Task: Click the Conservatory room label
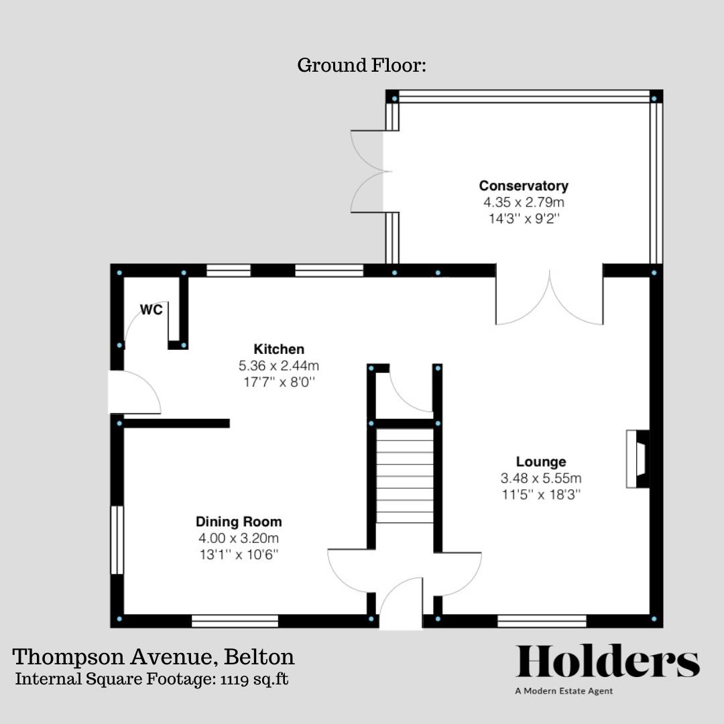click(x=523, y=186)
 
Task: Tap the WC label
click(x=152, y=310)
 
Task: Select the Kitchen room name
click(x=278, y=349)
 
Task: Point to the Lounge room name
click(x=540, y=462)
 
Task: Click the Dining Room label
click(x=239, y=522)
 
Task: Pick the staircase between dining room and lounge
click(x=404, y=475)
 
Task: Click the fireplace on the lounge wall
click(x=637, y=459)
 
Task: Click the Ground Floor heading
click(x=361, y=66)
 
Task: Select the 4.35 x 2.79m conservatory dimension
click(x=523, y=202)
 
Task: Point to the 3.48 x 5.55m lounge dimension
click(x=540, y=479)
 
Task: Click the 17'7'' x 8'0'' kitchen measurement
click(x=278, y=382)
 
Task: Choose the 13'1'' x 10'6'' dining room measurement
click(x=239, y=554)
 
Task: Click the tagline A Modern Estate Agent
click(x=564, y=691)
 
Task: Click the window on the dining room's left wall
click(x=117, y=540)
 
